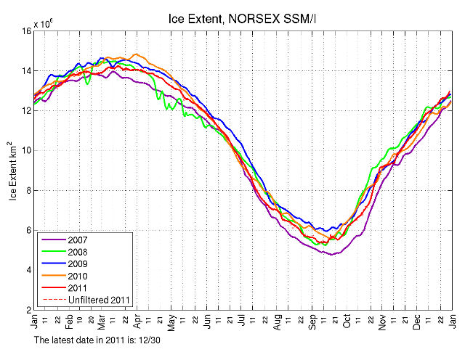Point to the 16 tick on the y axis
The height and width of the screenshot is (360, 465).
tap(26, 31)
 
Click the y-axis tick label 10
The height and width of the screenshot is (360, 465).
tap(26, 150)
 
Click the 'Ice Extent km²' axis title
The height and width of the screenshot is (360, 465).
tap(14, 170)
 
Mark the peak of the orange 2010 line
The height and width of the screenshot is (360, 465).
tap(135, 54)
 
